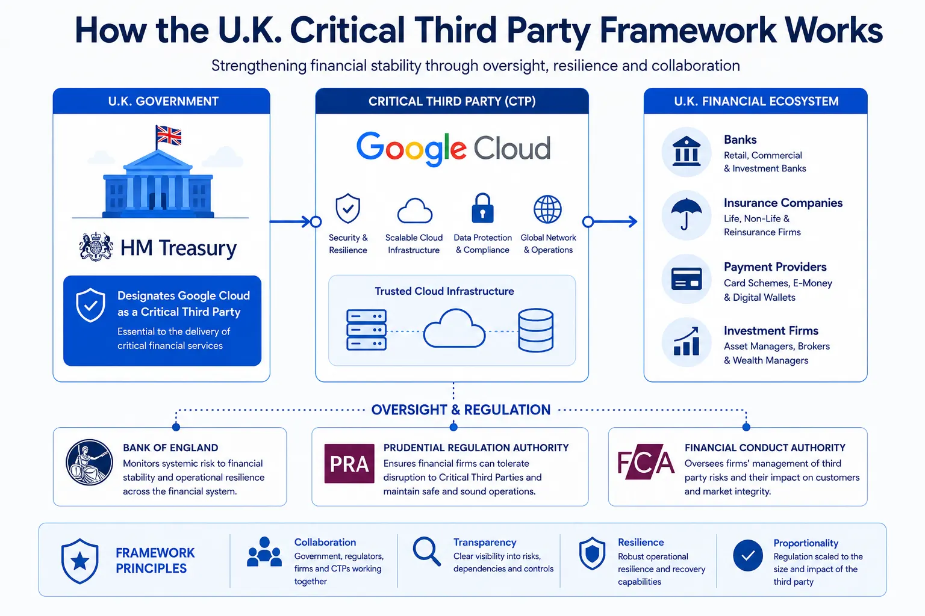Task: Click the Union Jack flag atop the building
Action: point(169,135)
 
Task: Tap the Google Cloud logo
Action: point(453,149)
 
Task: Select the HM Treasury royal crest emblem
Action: point(96,247)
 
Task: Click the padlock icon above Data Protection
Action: point(482,208)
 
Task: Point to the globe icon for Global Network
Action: point(547,209)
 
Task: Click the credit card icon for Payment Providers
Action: point(687,279)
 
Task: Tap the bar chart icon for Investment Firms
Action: point(687,342)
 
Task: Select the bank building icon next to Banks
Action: point(687,152)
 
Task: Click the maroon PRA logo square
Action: point(349,463)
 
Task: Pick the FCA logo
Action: point(646,461)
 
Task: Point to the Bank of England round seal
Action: point(89,462)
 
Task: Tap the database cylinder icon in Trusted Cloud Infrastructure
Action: point(535,330)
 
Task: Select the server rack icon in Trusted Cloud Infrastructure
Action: point(366,330)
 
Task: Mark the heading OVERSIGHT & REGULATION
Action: point(461,410)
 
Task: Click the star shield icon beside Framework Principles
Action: point(79,561)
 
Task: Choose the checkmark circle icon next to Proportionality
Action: point(748,555)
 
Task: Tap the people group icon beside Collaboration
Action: point(264,552)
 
